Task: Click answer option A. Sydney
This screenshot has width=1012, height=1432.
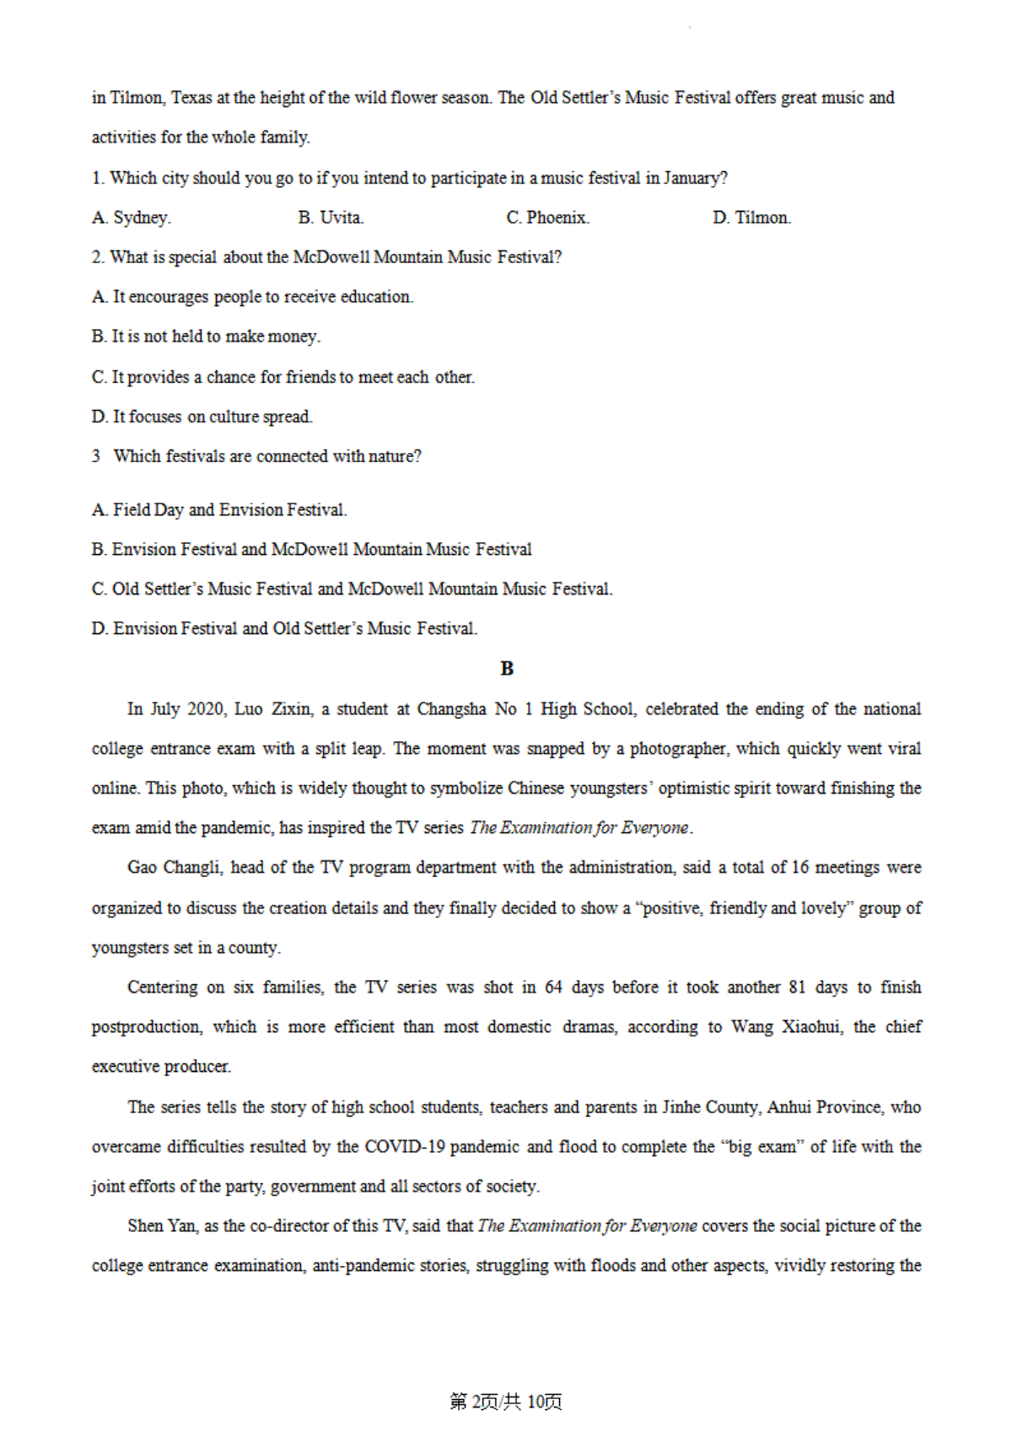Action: click(132, 218)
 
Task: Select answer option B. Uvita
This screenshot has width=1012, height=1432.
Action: click(331, 218)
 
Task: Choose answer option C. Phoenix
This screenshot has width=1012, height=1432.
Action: click(547, 218)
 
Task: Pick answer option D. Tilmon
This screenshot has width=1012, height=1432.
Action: click(751, 218)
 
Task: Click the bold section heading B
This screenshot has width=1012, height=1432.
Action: click(507, 669)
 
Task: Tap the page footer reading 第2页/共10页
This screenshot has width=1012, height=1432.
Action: click(506, 1402)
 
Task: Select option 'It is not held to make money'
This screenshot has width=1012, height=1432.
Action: click(206, 336)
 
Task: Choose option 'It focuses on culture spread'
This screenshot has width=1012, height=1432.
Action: click(202, 417)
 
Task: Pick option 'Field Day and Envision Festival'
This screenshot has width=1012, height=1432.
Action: click(219, 509)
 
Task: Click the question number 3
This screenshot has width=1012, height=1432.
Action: click(96, 456)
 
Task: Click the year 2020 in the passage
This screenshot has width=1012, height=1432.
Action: click(205, 709)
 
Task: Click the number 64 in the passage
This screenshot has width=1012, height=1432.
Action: click(553, 988)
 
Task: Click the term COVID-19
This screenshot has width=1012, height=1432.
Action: click(405, 1147)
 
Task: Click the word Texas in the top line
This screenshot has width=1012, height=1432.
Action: click(191, 98)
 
